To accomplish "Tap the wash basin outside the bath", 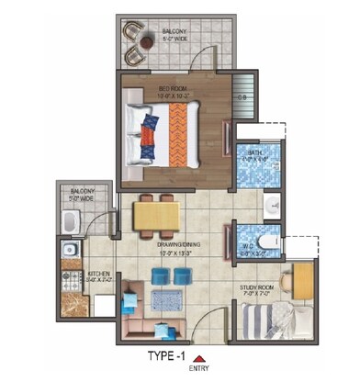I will pos(272,204).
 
